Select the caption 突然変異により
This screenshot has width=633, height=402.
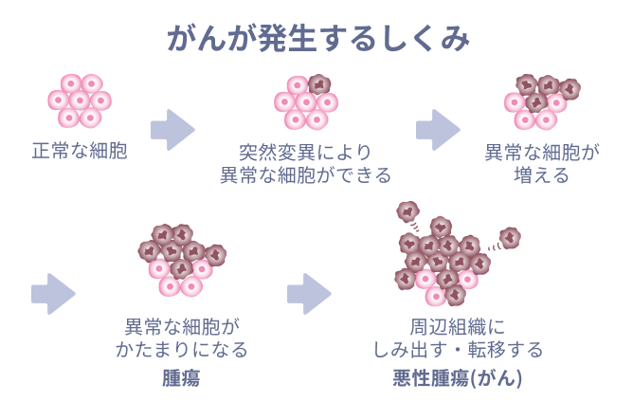coord(305,152)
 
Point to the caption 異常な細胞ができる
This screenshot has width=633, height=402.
coord(305,174)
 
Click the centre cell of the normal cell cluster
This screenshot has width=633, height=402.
coord(80,100)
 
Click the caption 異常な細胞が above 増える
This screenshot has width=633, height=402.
coord(542,152)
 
